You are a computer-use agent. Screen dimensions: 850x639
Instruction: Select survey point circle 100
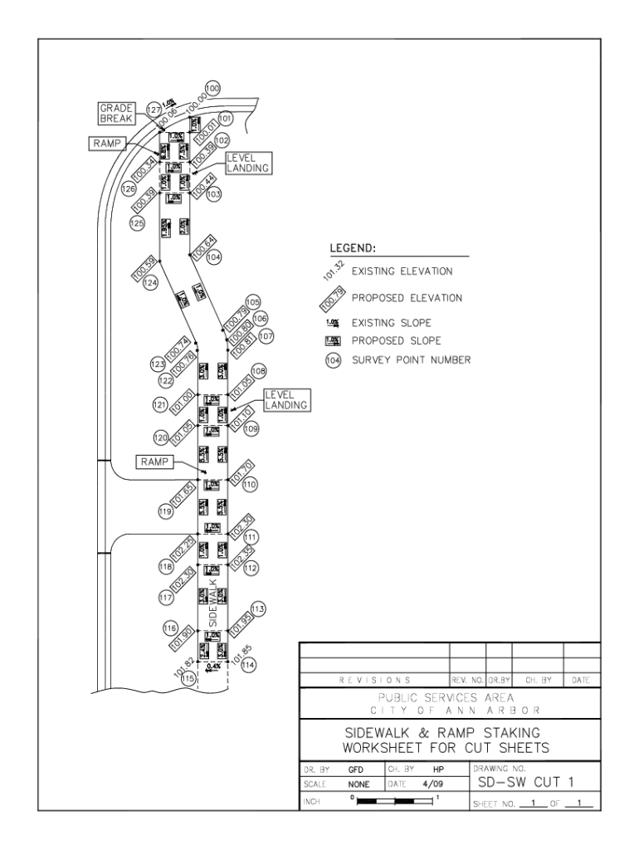(212, 88)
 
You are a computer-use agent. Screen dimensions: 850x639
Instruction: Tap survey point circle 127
(153, 110)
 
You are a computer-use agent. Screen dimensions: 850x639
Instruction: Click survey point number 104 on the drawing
(214, 257)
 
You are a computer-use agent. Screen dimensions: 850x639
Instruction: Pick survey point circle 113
(257, 609)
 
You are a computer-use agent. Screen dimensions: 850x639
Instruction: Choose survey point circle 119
(165, 512)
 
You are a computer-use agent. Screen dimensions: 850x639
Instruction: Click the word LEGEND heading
(353, 248)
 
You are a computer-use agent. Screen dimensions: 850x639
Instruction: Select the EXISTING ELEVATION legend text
(402, 271)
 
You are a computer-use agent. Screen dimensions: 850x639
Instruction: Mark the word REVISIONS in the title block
(372, 680)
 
